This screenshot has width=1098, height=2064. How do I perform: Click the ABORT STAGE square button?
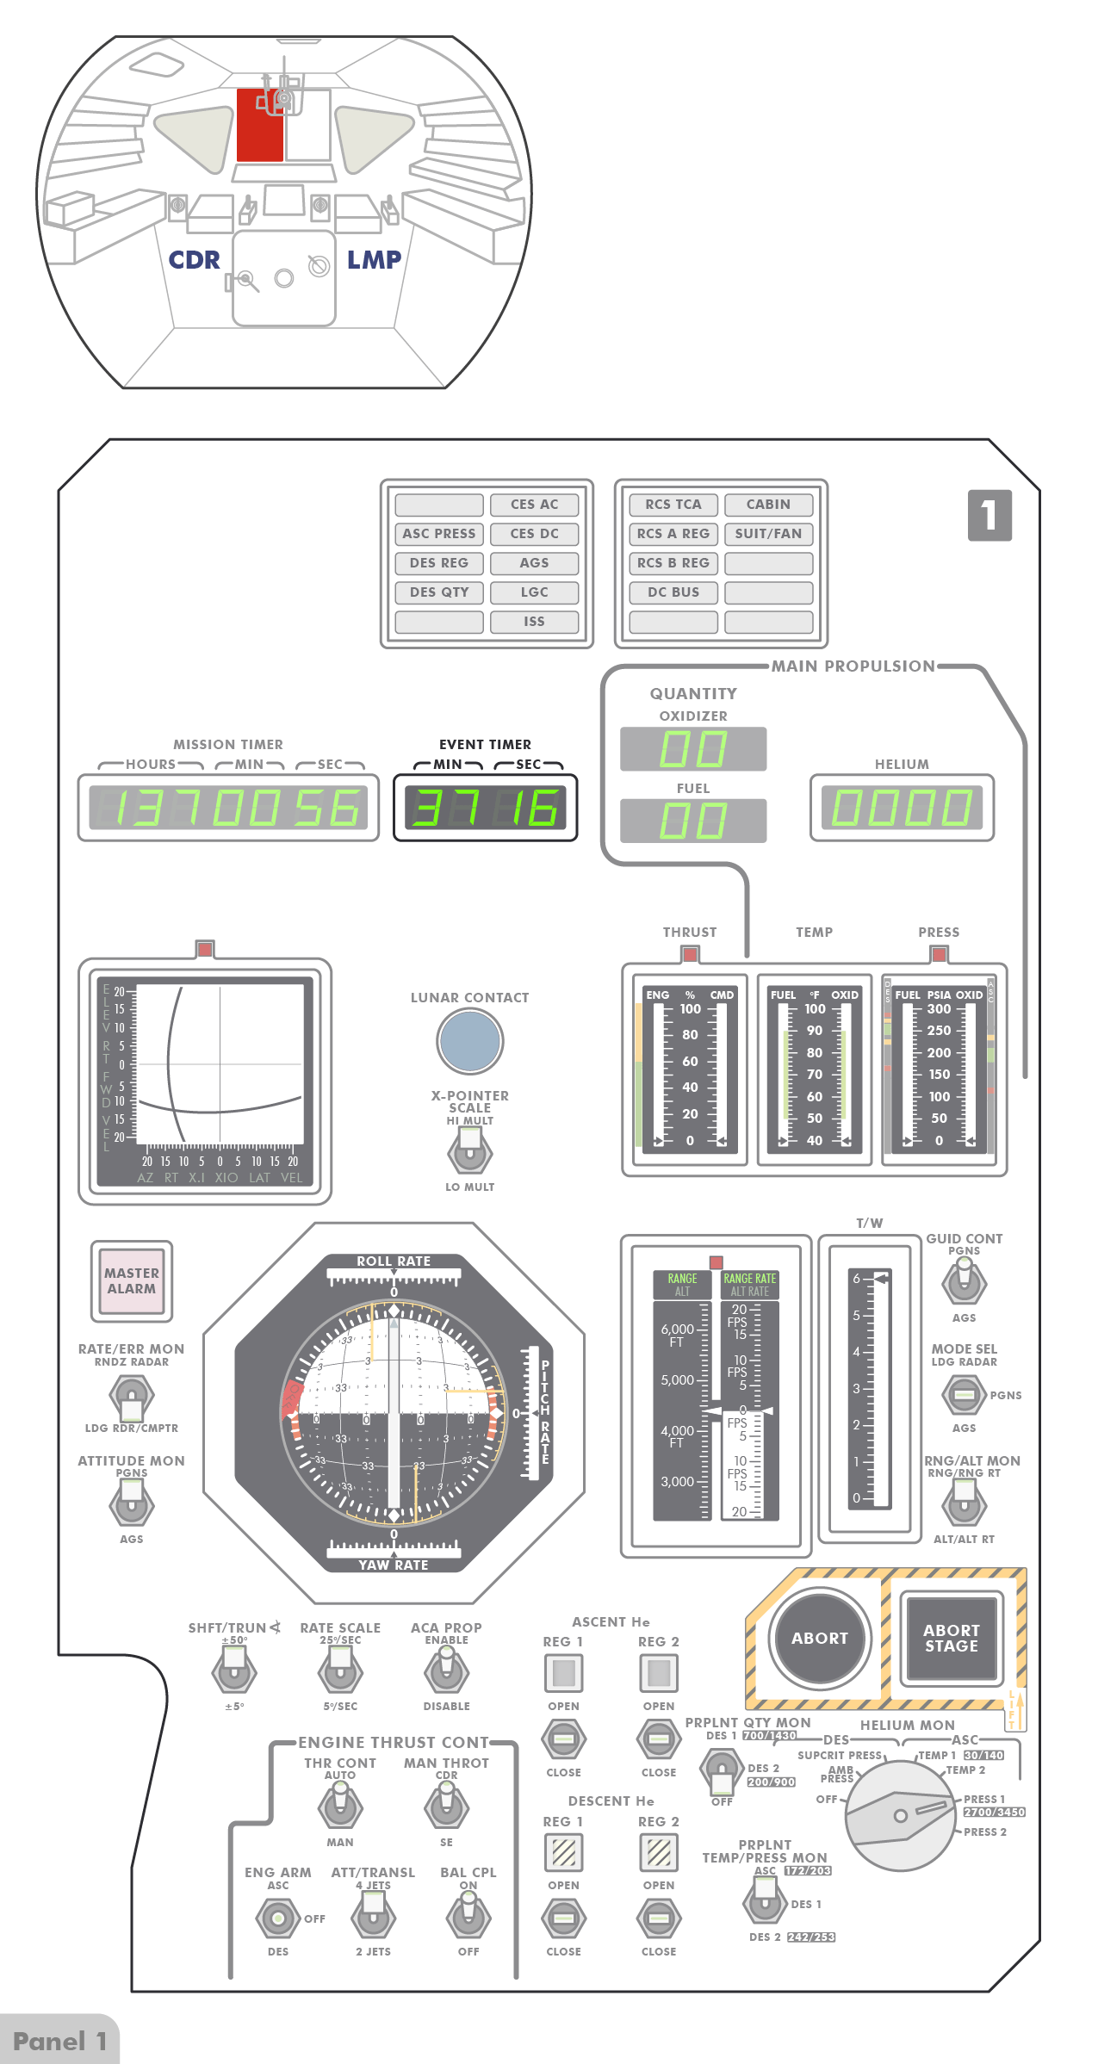(x=951, y=1638)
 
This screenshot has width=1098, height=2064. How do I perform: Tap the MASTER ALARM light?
(x=132, y=1280)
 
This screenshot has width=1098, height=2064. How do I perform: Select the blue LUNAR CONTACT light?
(x=469, y=1040)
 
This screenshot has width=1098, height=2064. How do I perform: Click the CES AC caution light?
(x=534, y=505)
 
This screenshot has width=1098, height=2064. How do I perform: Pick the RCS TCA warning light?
(x=673, y=505)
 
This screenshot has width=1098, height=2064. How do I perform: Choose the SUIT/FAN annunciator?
(x=768, y=534)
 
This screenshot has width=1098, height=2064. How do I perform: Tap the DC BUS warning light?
(x=673, y=592)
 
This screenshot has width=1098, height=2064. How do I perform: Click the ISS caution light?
(x=534, y=622)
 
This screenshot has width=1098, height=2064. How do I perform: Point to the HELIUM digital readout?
(x=902, y=808)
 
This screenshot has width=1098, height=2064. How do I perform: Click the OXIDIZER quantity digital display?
(x=693, y=749)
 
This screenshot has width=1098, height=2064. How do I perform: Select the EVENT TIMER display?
(x=485, y=808)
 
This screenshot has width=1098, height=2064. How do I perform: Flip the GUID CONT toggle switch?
(x=964, y=1282)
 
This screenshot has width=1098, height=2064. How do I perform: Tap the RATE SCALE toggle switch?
(x=340, y=1672)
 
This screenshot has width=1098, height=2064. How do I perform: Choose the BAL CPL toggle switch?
(x=468, y=1917)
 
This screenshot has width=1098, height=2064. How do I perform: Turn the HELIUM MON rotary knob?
(x=901, y=1815)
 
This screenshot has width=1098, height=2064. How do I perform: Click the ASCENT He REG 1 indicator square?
(x=563, y=1672)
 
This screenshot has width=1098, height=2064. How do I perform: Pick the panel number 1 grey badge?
(x=989, y=515)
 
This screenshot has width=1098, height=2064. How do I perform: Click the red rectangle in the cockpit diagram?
(x=259, y=126)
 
